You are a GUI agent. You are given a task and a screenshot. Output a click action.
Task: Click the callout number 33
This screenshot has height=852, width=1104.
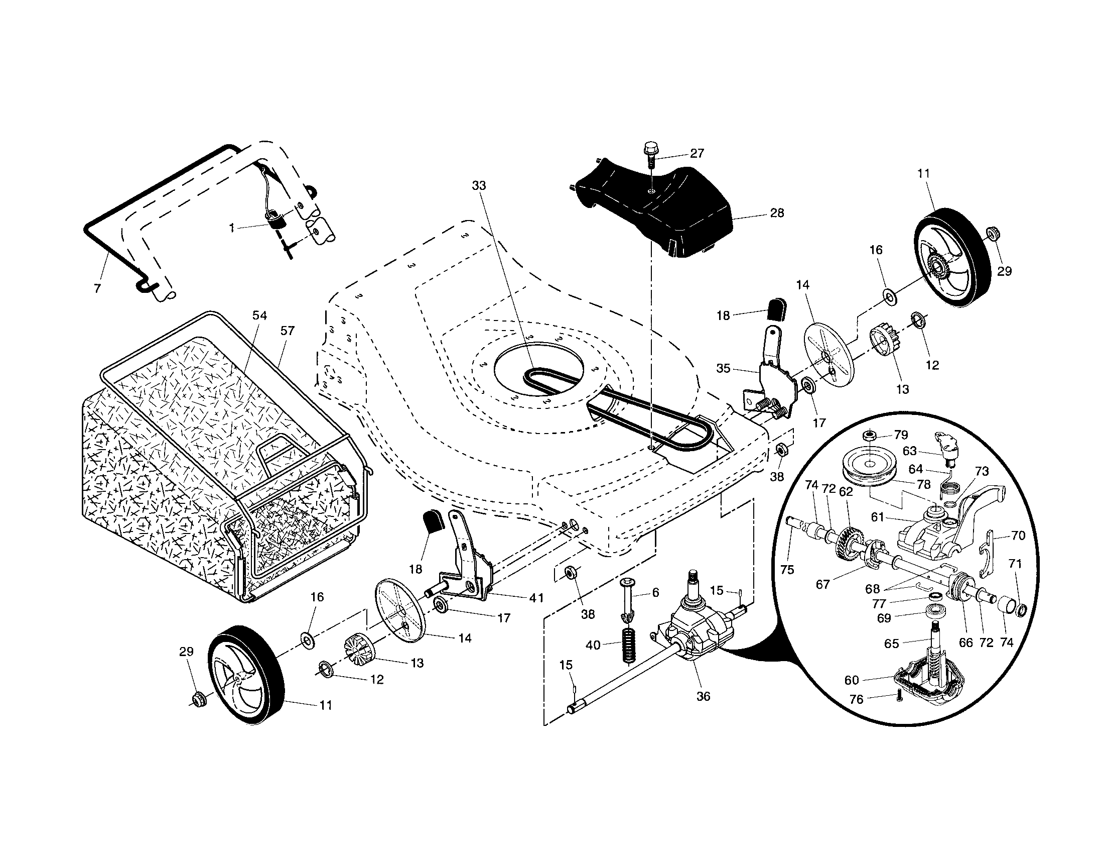(x=478, y=186)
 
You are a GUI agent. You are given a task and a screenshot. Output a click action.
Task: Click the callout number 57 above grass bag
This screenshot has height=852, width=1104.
(x=287, y=331)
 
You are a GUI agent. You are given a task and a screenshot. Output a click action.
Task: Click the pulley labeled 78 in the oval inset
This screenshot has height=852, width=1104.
(x=869, y=469)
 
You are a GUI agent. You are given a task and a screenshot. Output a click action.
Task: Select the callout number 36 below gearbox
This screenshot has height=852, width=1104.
(x=703, y=696)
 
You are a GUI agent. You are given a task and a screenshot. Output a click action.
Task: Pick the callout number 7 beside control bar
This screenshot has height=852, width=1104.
(x=97, y=288)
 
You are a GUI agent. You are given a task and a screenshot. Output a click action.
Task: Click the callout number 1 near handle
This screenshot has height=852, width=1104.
(x=231, y=229)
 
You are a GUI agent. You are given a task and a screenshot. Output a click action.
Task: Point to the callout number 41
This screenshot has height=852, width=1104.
(x=536, y=598)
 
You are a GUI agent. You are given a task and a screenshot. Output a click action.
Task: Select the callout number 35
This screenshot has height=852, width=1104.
(x=723, y=368)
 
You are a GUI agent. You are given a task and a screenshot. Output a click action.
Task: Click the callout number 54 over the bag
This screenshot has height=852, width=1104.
(x=259, y=315)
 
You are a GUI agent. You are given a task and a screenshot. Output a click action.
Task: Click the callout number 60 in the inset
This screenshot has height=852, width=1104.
(x=852, y=680)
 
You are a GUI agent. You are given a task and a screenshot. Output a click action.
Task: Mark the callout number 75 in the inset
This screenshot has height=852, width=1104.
(x=787, y=570)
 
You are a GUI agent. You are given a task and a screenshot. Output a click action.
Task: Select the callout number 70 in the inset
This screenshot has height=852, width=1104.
(x=1018, y=536)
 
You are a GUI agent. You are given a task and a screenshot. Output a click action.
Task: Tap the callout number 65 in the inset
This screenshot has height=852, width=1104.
(x=892, y=643)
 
